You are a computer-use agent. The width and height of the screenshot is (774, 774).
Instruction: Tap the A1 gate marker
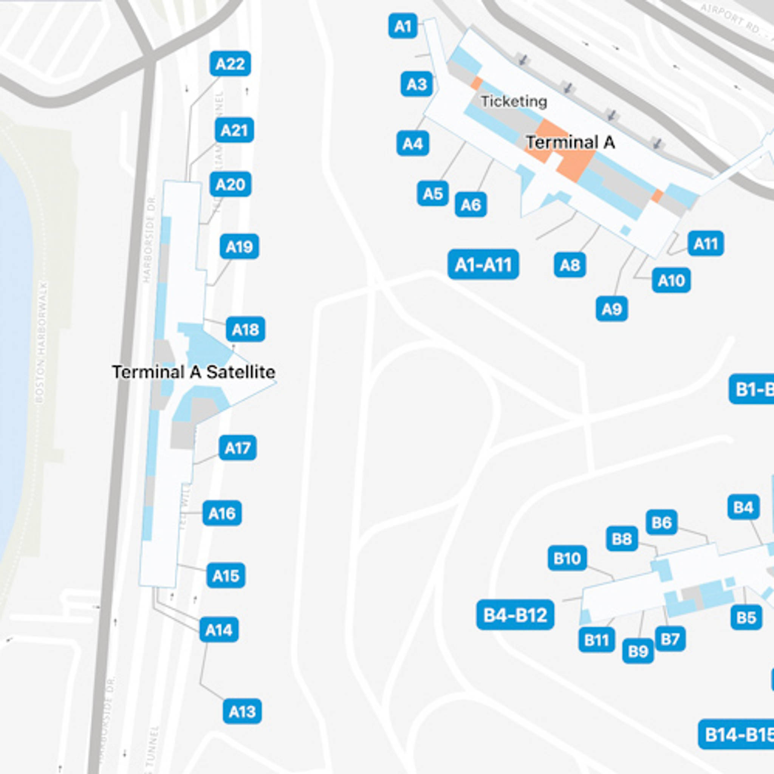point(402,26)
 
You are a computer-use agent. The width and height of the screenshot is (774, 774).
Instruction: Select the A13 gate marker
point(242,712)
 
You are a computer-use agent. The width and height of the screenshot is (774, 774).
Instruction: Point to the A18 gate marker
point(245,329)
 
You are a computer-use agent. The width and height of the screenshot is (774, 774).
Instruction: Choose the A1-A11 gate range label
point(483,265)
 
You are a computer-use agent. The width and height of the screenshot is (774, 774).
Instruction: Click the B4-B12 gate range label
point(515,615)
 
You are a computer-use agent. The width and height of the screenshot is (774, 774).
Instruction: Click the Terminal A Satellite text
point(193,372)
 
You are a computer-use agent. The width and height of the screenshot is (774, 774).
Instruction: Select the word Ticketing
point(514,101)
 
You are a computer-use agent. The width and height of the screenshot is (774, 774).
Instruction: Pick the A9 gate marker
point(611,309)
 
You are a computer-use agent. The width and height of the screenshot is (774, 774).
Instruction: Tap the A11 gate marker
point(706,243)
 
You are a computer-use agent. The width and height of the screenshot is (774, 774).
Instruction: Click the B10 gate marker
point(567,558)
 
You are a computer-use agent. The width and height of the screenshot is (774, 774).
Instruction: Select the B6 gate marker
point(661,522)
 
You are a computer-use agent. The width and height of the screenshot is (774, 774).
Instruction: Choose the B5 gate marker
point(746,618)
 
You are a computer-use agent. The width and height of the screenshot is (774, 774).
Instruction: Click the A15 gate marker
point(226,576)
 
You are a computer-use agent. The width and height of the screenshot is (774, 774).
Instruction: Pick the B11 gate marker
point(596,640)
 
